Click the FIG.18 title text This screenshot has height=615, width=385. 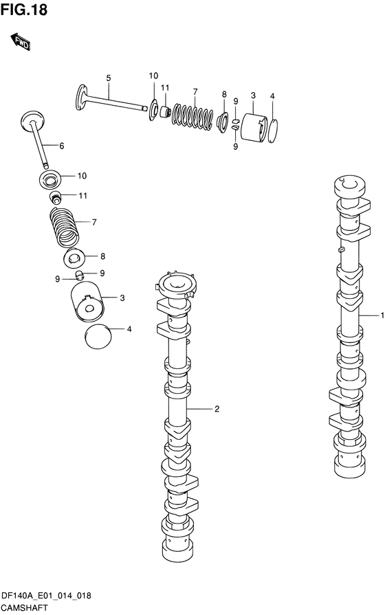click(24, 10)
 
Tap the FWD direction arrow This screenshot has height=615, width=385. click(21, 42)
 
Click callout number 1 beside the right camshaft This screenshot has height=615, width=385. click(382, 315)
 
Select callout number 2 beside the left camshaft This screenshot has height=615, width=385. click(217, 409)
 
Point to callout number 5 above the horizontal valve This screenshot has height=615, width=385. click(109, 78)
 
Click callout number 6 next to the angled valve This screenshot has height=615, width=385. click(62, 146)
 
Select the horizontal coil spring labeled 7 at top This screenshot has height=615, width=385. click(193, 116)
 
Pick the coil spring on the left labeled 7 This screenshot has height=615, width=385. click(65, 227)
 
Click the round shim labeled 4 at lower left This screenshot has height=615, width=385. click(98, 336)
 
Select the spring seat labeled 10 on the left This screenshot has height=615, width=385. click(50, 179)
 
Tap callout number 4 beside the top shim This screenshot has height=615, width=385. click(272, 96)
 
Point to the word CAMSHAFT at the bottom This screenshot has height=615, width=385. click(25, 608)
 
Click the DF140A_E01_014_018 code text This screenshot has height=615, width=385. click(46, 596)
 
